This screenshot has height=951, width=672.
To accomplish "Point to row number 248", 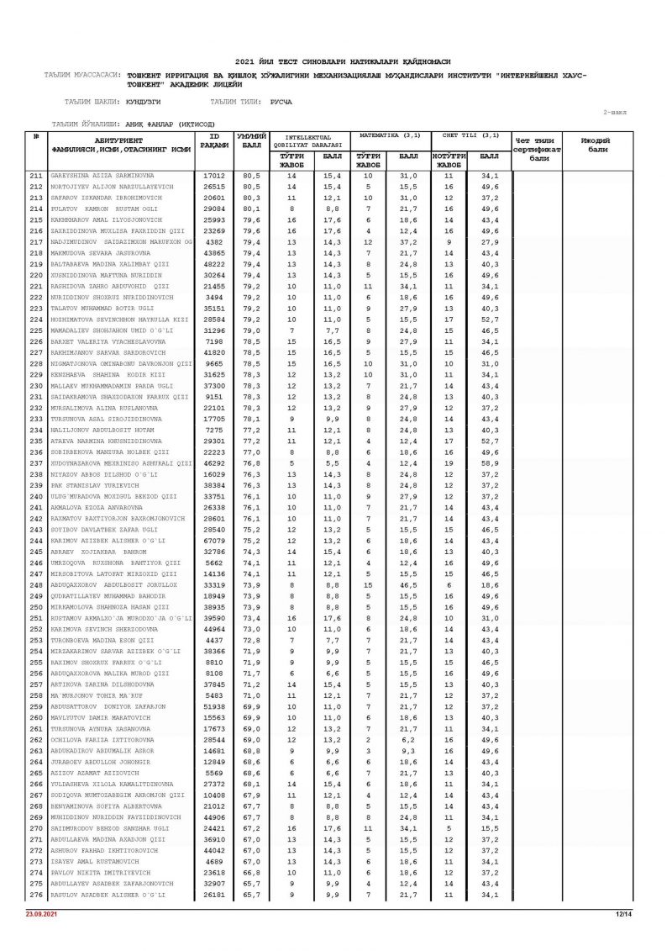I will [x=35, y=584].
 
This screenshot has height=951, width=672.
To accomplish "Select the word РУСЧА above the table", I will [x=281, y=102].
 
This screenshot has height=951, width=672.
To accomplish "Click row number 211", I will [x=35, y=176].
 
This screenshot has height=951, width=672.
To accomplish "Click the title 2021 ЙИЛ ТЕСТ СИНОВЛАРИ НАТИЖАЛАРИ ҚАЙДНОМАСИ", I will [x=343, y=61].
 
